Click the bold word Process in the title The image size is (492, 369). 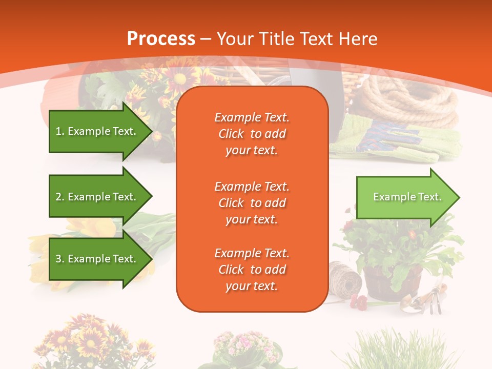161,38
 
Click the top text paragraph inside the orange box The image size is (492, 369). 252,134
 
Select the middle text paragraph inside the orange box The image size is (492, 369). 252,203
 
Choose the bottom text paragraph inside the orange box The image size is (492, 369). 252,270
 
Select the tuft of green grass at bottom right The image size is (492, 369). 405,351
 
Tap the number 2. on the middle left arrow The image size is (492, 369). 59,197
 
